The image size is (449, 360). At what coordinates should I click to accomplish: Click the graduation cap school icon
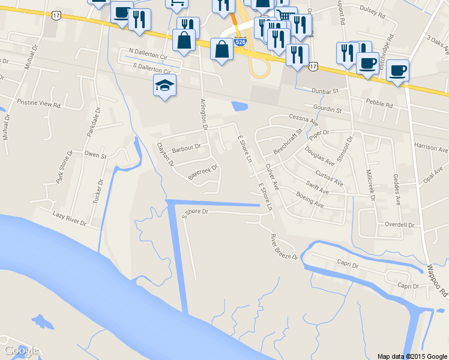[164, 85]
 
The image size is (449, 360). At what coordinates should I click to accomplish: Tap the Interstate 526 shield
[240, 42]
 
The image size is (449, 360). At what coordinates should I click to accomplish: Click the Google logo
[21, 350]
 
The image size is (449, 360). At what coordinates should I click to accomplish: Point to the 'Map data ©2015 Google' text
[412, 356]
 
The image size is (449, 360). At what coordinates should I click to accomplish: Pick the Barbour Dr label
[185, 146]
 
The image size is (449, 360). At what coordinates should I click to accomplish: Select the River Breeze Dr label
[284, 247]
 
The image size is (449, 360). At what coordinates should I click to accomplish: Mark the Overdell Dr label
[400, 225]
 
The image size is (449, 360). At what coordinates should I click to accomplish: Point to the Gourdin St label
[327, 110]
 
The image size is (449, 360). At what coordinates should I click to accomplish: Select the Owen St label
[95, 155]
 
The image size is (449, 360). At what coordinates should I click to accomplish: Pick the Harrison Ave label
[431, 148]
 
